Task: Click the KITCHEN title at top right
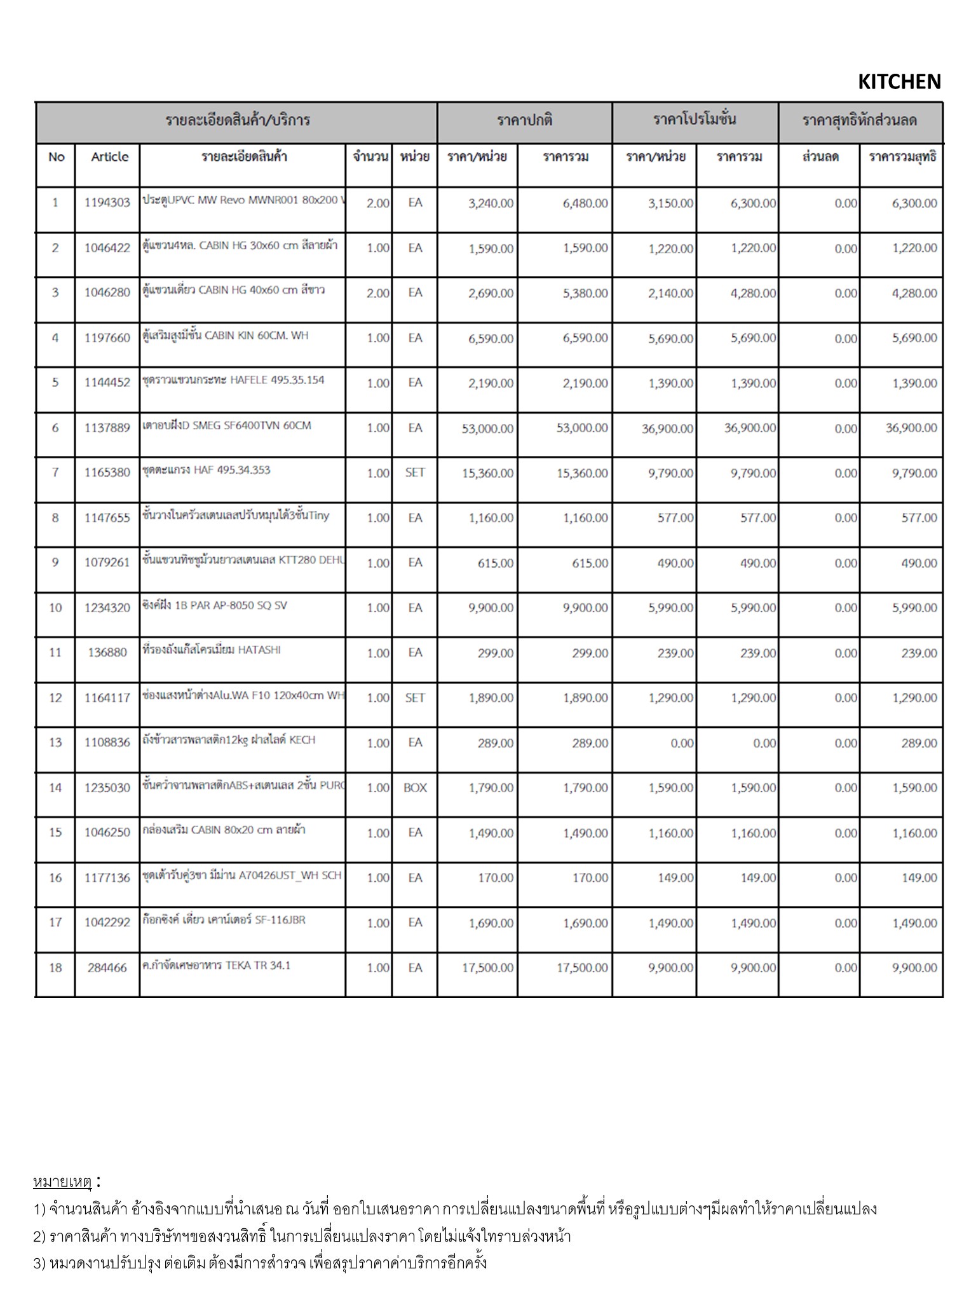(x=898, y=82)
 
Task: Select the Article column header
(x=109, y=157)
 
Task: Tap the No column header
(x=56, y=157)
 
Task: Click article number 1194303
(x=107, y=203)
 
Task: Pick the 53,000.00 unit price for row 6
(x=487, y=428)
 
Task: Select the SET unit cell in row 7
(x=415, y=473)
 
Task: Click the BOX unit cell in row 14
(x=415, y=788)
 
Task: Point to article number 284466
(x=107, y=968)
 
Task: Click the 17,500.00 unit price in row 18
(x=487, y=968)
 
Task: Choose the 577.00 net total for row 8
(x=919, y=518)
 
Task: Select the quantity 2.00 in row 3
(x=377, y=293)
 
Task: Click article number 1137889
(x=107, y=428)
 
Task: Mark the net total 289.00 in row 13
(x=919, y=743)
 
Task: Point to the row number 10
(x=56, y=608)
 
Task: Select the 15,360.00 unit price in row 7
(x=487, y=474)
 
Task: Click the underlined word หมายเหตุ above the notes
(x=63, y=1181)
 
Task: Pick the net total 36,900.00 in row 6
(x=911, y=428)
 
